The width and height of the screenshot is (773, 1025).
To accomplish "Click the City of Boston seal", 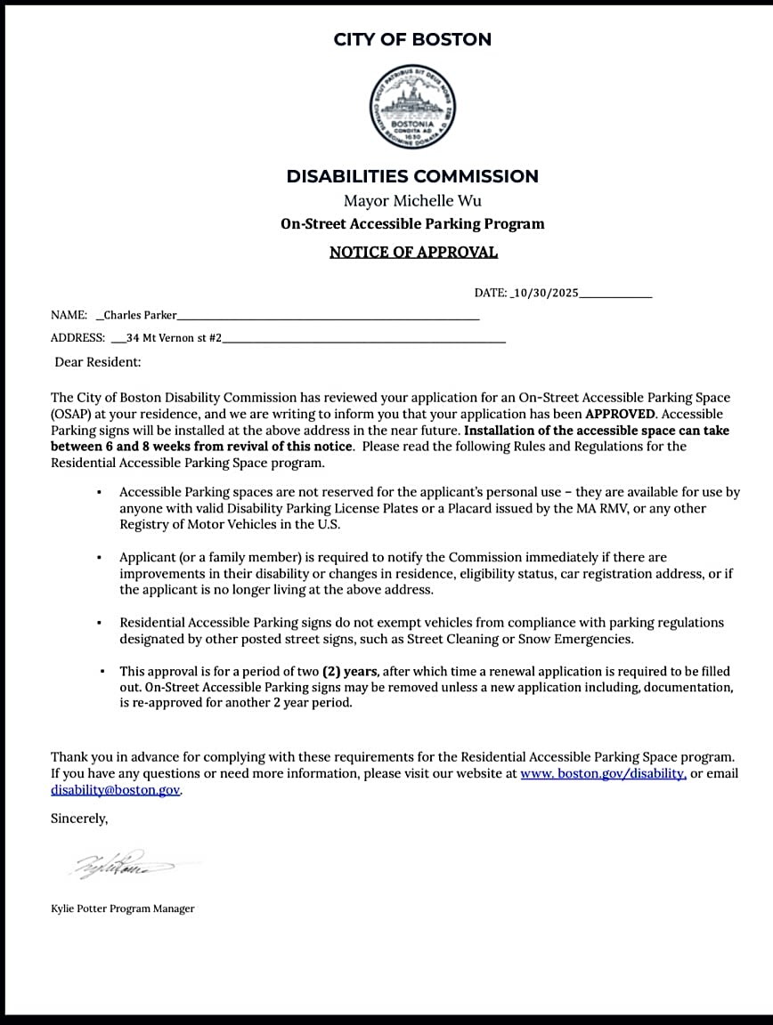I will pyautogui.click(x=412, y=107).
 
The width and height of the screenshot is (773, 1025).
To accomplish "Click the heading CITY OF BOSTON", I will pyautogui.click(x=412, y=39).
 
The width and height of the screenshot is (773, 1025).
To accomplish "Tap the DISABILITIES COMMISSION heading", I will pyautogui.click(x=412, y=176).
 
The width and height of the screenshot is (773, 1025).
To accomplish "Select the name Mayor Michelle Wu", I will pyautogui.click(x=412, y=201).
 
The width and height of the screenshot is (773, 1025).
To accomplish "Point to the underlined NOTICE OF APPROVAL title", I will pyautogui.click(x=413, y=252).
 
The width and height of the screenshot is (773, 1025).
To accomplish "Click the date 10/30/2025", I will pyautogui.click(x=546, y=293).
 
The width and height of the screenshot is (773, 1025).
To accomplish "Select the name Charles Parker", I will pyautogui.click(x=140, y=315).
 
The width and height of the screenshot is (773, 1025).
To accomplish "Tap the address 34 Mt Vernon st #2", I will pyautogui.click(x=174, y=338).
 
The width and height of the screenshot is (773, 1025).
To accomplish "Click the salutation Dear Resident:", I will pyautogui.click(x=98, y=362).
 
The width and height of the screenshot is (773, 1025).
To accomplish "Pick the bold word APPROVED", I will pyautogui.click(x=620, y=414).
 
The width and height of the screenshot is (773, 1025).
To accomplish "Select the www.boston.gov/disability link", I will pyautogui.click(x=603, y=774).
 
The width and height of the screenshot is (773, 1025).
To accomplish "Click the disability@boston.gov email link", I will pyautogui.click(x=116, y=790).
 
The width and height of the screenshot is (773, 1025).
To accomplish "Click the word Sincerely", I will pyautogui.click(x=79, y=818).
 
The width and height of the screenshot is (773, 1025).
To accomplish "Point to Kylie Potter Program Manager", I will pyautogui.click(x=123, y=908).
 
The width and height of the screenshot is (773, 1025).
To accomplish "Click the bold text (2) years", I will pyautogui.click(x=351, y=672).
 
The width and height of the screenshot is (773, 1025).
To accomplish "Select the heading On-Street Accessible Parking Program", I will pyautogui.click(x=412, y=224).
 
